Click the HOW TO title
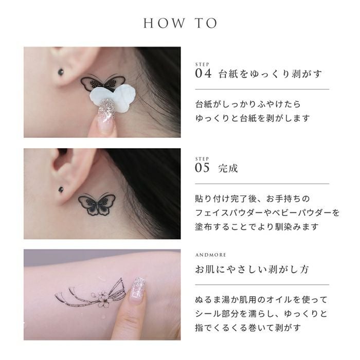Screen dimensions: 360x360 point(180,23)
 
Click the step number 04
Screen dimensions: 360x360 point(203,74)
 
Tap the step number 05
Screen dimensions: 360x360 point(202,168)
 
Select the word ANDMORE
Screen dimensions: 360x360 point(211,255)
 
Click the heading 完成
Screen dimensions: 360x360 point(228,168)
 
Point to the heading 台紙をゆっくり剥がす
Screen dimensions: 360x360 point(270,74)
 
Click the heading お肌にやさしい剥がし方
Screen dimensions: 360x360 point(252,269)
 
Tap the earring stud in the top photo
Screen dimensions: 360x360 point(61,71)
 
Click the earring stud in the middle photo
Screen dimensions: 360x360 point(61,190)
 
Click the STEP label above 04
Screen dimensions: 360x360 point(202,64)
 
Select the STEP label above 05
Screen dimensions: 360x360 point(202,158)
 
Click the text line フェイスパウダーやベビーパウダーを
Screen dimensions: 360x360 point(267,213)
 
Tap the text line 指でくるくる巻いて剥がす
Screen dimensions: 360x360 point(248,328)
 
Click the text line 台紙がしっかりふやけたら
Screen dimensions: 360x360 point(248,104)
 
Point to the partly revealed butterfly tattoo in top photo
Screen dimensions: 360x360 point(103,83)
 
